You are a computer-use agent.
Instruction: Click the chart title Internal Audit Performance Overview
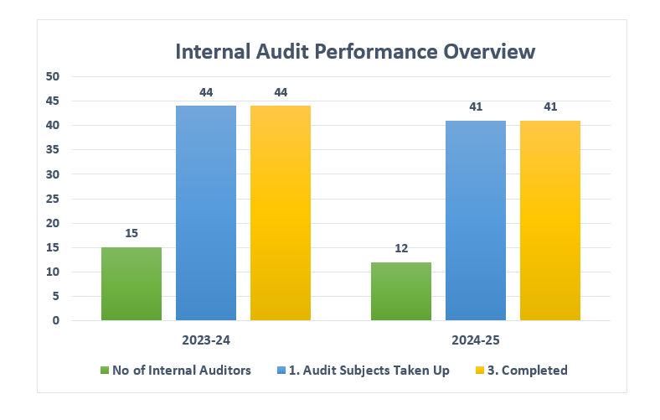tap(354, 51)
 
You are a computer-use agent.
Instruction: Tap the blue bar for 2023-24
tap(206, 213)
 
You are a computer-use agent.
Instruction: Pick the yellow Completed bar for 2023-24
tap(281, 213)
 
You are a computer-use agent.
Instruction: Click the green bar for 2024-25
tap(401, 291)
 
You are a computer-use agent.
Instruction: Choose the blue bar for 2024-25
tap(476, 220)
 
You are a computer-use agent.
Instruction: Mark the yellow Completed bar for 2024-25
tap(550, 220)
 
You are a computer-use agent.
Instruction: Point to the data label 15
tap(131, 233)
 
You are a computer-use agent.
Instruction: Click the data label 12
tap(401, 248)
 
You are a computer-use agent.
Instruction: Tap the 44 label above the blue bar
tap(206, 91)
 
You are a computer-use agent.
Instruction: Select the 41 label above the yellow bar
tap(550, 106)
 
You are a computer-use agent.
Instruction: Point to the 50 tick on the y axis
tap(53, 76)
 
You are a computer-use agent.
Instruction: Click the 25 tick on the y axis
tap(53, 199)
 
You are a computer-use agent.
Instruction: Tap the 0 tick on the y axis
tap(56, 320)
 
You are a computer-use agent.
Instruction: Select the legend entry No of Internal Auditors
tap(181, 371)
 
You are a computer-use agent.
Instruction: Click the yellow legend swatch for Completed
tap(480, 371)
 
